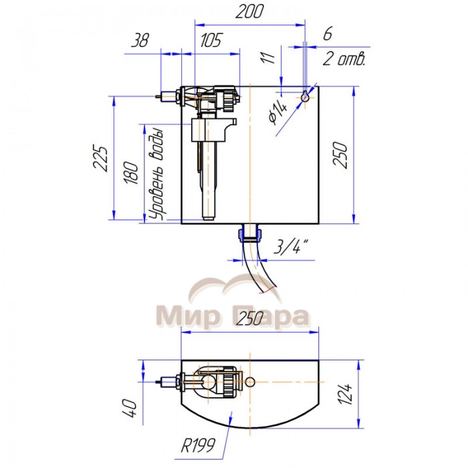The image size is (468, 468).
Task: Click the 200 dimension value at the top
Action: (249, 11)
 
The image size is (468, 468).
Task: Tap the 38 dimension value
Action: (140, 40)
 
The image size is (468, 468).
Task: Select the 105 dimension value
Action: (211, 40)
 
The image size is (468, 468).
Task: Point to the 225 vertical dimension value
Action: (100, 158)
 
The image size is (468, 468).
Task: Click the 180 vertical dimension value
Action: (131, 172)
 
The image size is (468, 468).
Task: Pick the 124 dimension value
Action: (345, 394)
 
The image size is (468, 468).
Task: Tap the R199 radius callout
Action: (198, 446)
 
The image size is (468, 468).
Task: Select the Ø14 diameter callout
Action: (278, 114)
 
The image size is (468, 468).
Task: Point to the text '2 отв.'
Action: (344, 59)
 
